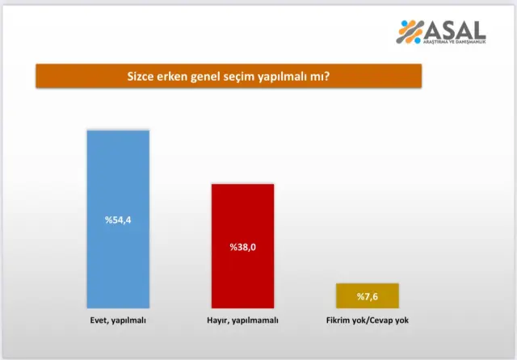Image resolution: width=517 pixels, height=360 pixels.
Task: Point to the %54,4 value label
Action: point(118,220)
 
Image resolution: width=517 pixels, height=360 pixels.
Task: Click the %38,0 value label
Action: point(242,247)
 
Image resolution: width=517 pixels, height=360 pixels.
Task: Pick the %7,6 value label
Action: point(367,296)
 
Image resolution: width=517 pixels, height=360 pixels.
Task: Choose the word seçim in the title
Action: point(248,77)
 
